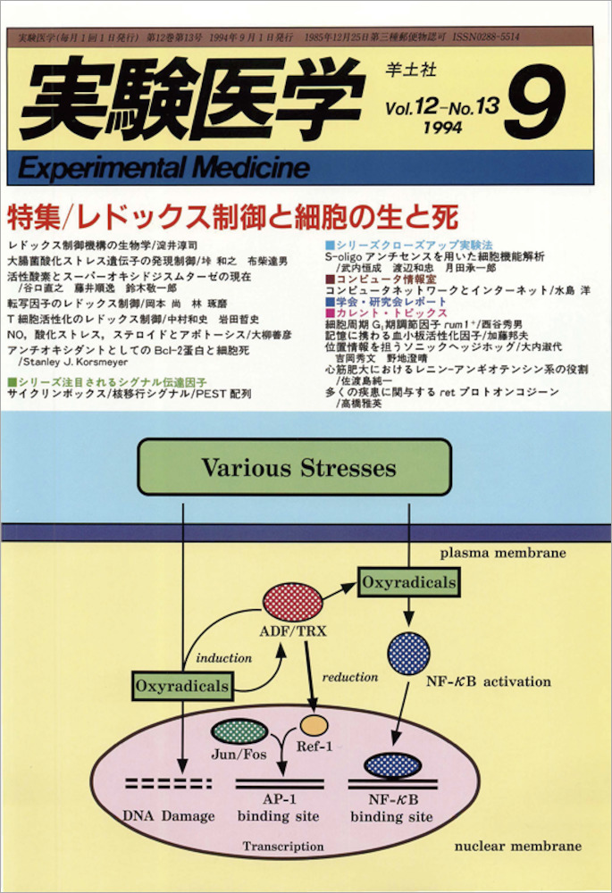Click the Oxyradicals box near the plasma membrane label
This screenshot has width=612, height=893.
coord(408,583)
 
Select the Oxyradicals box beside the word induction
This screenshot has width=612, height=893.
coord(182,686)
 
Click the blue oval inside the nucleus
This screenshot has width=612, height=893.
coord(393,764)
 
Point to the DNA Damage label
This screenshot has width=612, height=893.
coord(169,815)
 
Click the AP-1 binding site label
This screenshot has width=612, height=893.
coord(277,808)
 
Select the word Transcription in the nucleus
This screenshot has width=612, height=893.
coord(283,845)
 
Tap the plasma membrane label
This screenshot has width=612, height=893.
coord(502,553)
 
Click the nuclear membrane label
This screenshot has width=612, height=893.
coord(518,845)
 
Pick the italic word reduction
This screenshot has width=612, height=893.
coord(350,676)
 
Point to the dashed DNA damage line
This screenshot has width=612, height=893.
coord(170,784)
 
